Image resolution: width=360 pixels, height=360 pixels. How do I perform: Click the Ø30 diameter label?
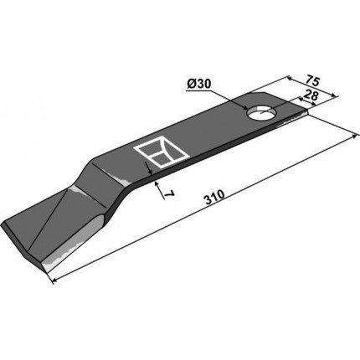[x=199, y=84]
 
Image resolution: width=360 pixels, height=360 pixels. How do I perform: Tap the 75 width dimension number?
[x=311, y=80]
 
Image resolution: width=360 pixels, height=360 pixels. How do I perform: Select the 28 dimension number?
[x=311, y=95]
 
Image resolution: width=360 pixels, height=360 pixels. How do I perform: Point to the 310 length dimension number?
[x=214, y=194]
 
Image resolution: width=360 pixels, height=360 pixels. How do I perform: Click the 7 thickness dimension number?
[x=170, y=194]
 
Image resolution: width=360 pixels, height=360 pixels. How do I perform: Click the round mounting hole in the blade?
[x=261, y=113]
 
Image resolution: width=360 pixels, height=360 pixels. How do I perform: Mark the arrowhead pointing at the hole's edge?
[x=244, y=107]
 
